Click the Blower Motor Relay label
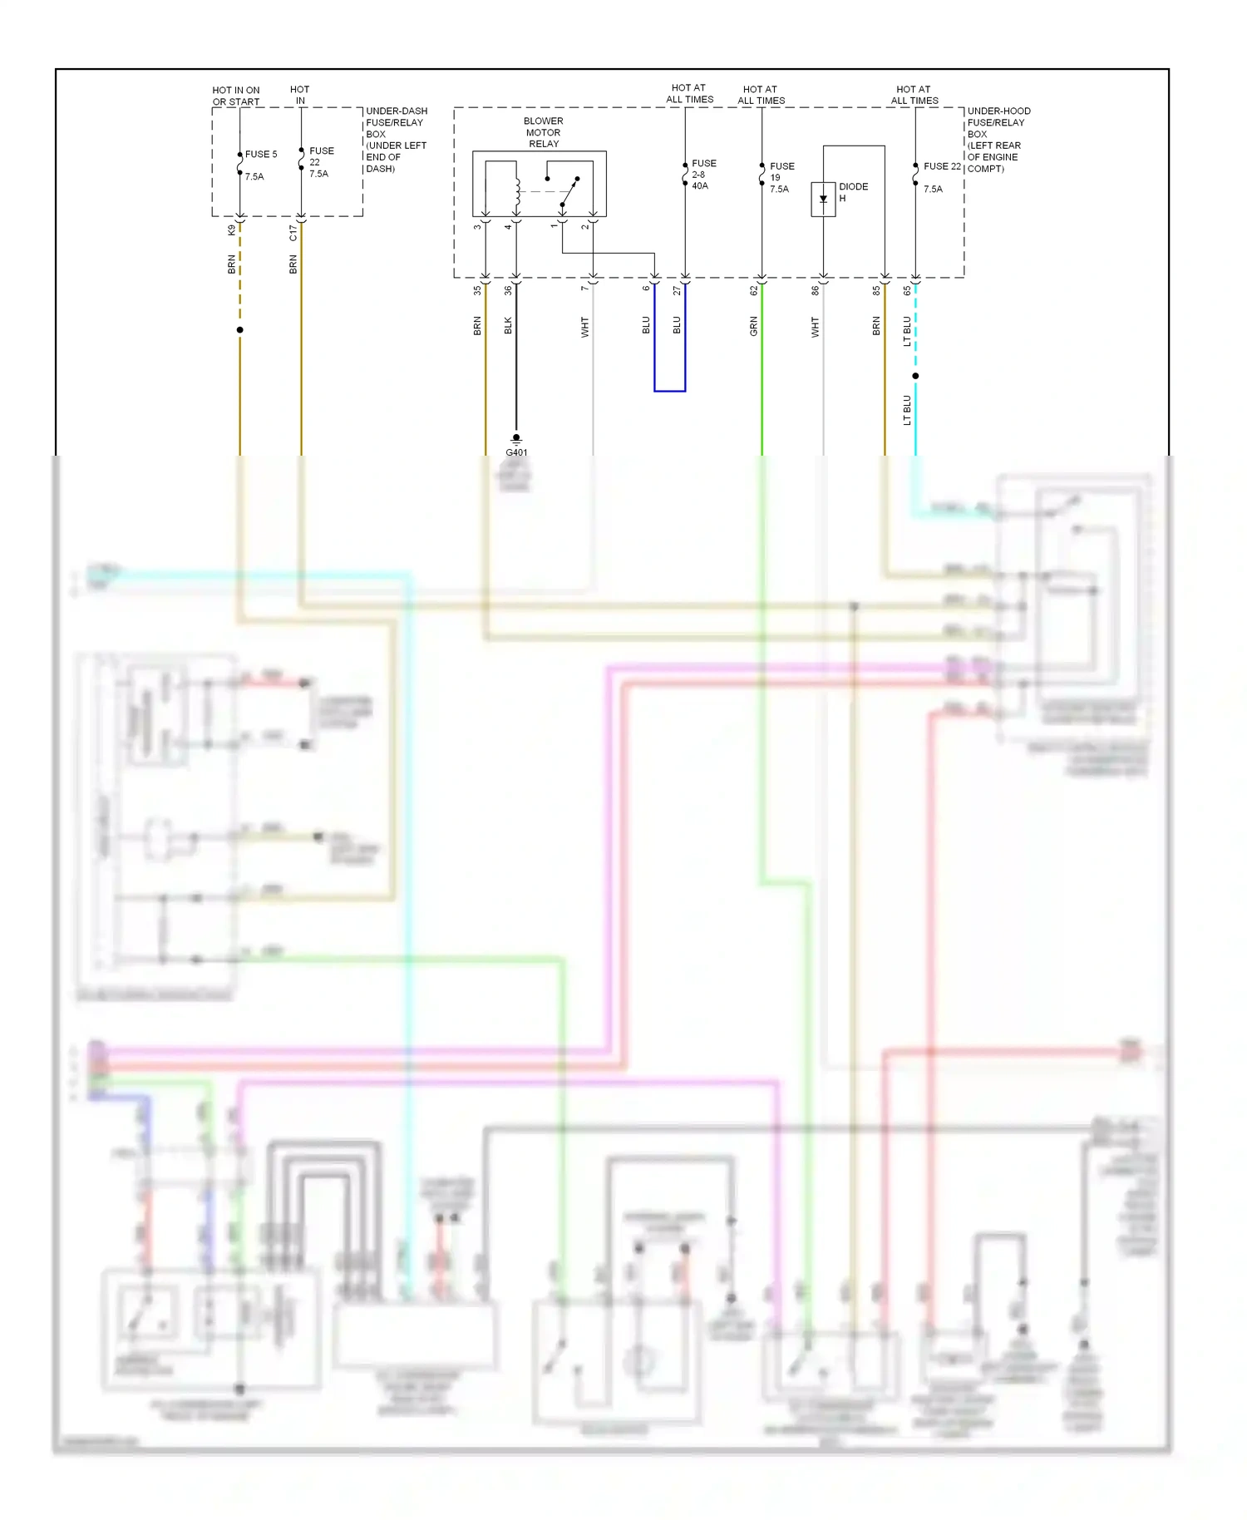pos(543,132)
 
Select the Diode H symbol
pos(823,200)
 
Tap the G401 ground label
pos(516,452)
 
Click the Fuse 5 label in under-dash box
pos(261,155)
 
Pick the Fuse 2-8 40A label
pos(702,175)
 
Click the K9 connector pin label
pos(231,230)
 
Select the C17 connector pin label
pos(293,232)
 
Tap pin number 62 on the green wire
pos(753,290)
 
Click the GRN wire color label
pos(753,326)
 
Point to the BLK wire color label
pos(508,326)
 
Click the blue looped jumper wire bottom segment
pos(669,390)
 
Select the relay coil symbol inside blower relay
pos(517,193)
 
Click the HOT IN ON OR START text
pos(236,96)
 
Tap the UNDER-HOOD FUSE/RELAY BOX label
pos(997,139)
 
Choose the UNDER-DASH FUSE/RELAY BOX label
pos(396,139)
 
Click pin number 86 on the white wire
pos(815,290)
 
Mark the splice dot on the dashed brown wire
pos(239,330)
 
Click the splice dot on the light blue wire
pos(915,376)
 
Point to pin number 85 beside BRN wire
pos(875,290)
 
